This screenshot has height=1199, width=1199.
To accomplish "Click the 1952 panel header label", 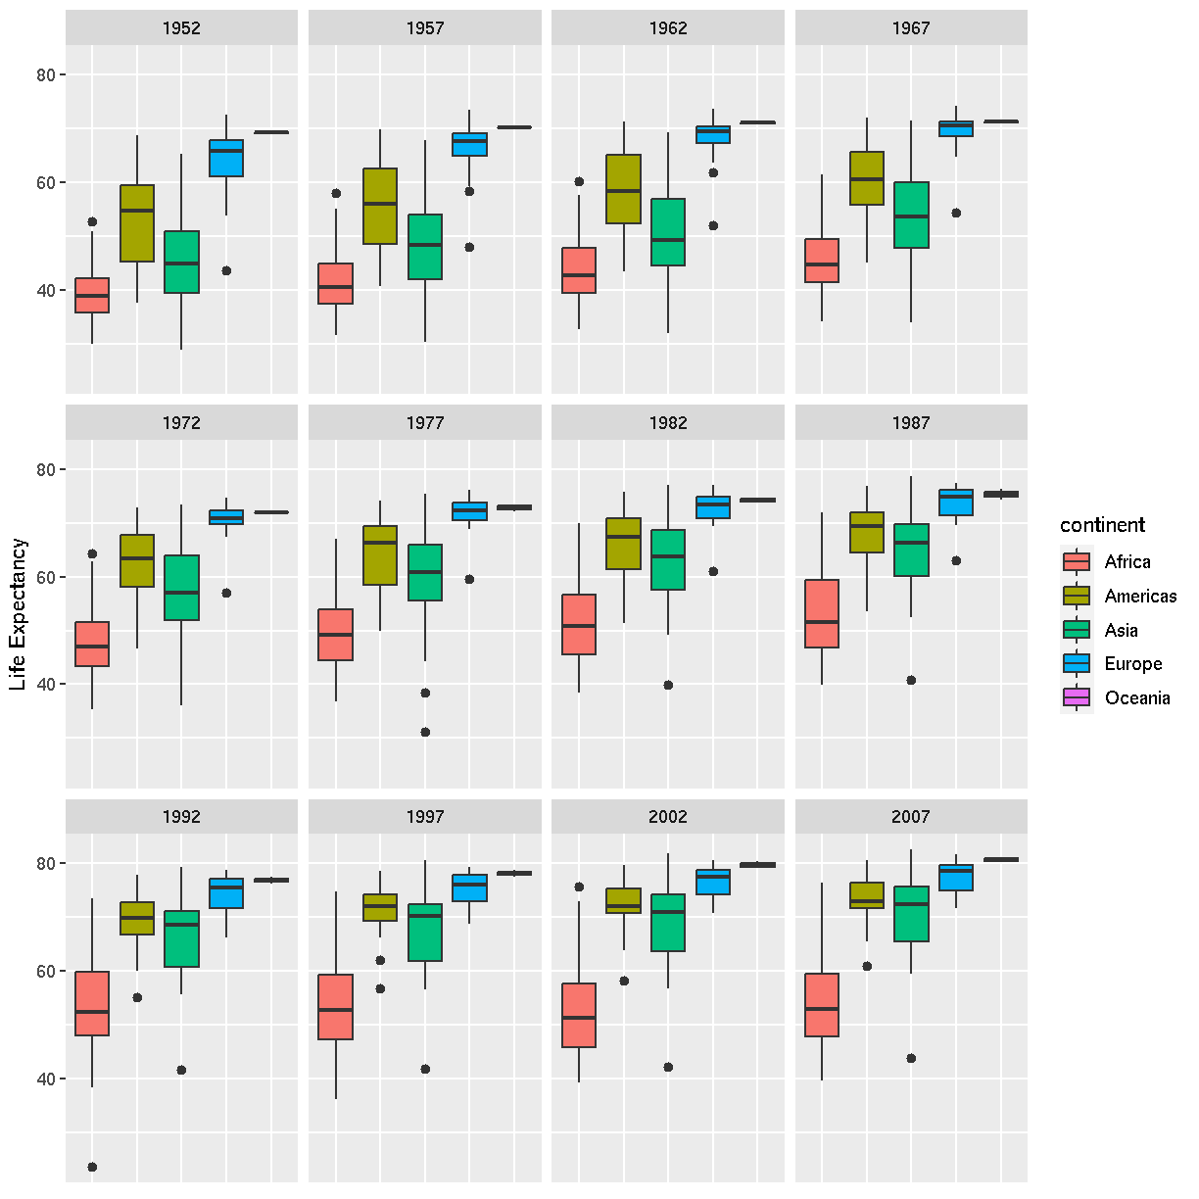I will pos(181,28).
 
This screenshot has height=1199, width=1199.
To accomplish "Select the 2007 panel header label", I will pos(911,817).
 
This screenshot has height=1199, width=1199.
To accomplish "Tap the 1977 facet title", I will pos(425,423).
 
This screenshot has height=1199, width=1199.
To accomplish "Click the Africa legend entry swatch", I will pos(1077,561).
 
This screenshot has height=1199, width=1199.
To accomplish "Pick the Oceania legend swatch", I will pos(1077,697).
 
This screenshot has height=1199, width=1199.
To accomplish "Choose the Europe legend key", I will pos(1077,663).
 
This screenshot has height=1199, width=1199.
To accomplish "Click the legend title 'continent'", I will pos(1102,525).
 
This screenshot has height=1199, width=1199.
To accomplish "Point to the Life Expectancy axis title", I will pos(19,614).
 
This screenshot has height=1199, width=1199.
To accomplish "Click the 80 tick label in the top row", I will pos(45,75).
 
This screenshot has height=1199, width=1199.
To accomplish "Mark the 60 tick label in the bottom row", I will pos(45,972).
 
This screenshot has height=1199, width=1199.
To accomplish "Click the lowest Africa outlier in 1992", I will pos(92,1167).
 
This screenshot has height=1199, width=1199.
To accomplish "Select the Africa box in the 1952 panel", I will pos(92,295).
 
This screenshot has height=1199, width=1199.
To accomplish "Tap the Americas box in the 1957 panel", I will pos(380,206).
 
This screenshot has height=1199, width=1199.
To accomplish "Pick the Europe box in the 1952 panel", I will pos(226,158).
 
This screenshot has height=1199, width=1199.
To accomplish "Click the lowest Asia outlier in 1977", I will pos(425,732).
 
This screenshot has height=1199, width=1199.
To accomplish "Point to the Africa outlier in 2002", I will pos(579,887).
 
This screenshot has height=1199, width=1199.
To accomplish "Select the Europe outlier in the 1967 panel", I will pos(956,213).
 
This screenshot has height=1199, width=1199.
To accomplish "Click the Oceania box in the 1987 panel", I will pos(1001,494).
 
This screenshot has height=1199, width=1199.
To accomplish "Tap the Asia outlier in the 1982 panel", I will pos(668,685).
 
